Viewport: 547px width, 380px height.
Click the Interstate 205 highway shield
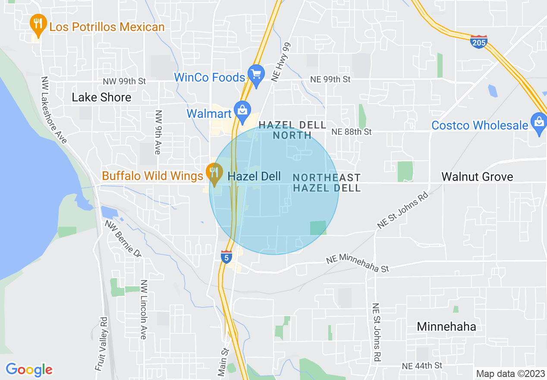point(478,42)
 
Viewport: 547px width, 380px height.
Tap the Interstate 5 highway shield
point(226,256)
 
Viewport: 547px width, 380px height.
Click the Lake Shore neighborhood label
point(101,98)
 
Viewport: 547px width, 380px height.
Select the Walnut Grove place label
point(477,177)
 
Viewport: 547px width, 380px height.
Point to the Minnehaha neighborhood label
point(446,326)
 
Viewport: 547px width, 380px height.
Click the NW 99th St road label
point(125,81)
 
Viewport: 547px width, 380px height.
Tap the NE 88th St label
point(351,132)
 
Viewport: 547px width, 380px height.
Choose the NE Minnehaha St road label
point(358,263)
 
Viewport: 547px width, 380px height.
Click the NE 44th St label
point(422,366)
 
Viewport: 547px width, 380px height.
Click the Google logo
point(29,370)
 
